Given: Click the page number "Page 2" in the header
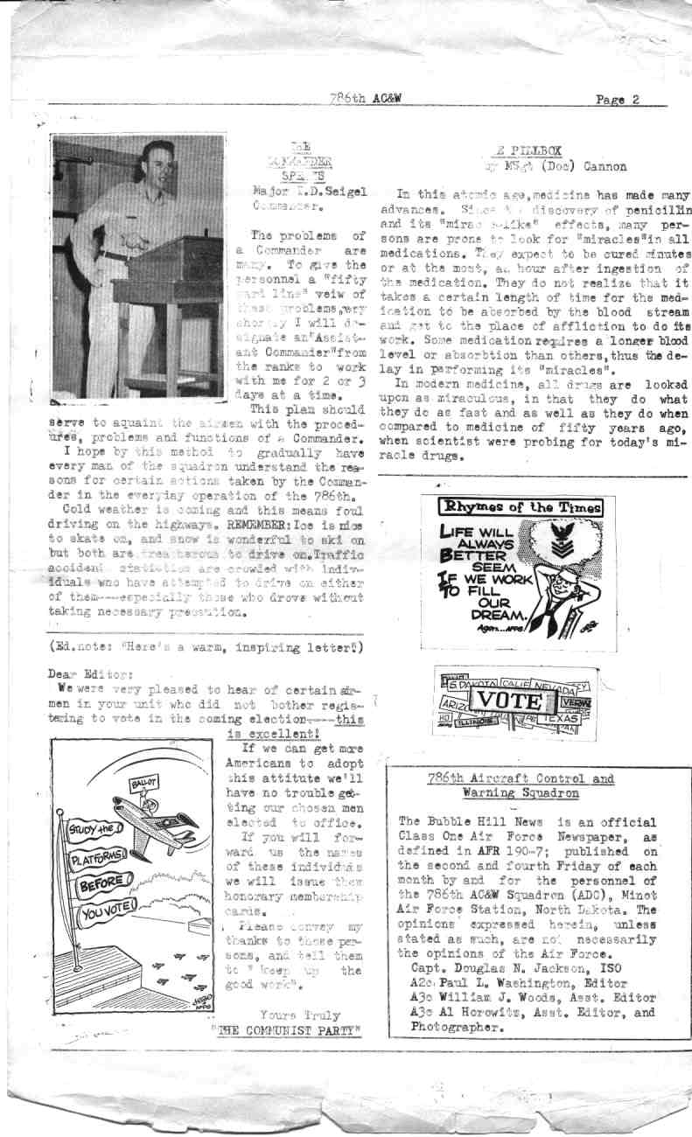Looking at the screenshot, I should [617, 99].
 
